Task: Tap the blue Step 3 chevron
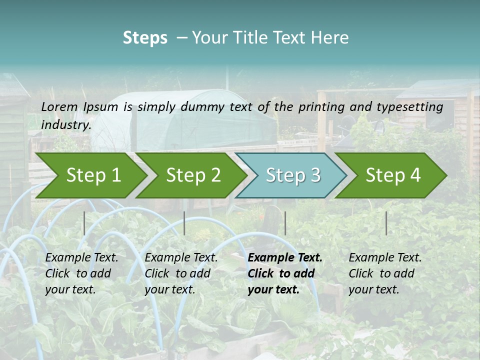click(x=293, y=175)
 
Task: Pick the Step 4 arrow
click(x=393, y=175)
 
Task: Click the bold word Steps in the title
click(x=145, y=38)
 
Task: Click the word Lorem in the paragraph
click(x=59, y=106)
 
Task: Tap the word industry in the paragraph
click(x=65, y=124)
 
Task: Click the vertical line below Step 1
click(x=84, y=223)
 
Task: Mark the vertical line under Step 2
click(x=184, y=223)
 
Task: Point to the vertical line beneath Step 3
click(x=285, y=223)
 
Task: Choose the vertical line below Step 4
click(x=386, y=223)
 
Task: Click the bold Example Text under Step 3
click(x=285, y=257)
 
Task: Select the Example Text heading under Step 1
click(x=81, y=257)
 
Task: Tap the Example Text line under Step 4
click(x=385, y=257)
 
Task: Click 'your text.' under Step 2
click(x=169, y=289)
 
